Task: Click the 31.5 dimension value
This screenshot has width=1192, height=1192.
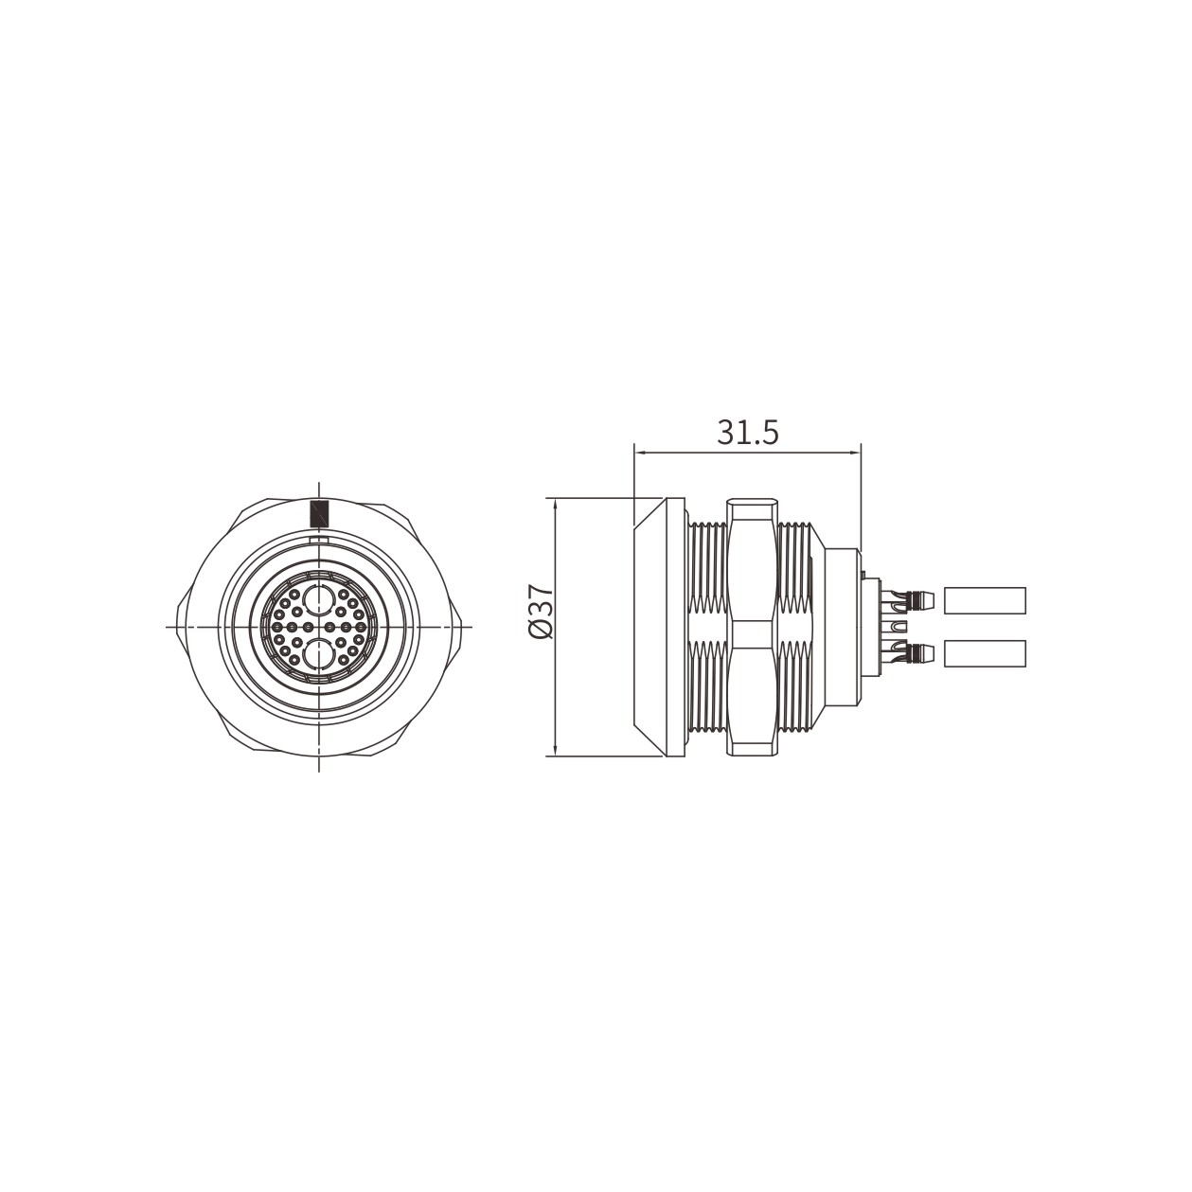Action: pos(747,433)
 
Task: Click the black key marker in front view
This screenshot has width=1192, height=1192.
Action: pos(318,513)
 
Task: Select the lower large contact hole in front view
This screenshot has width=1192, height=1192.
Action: pos(318,654)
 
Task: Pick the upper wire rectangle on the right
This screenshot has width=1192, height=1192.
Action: pos(986,600)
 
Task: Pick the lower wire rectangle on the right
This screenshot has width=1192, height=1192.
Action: pos(986,653)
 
